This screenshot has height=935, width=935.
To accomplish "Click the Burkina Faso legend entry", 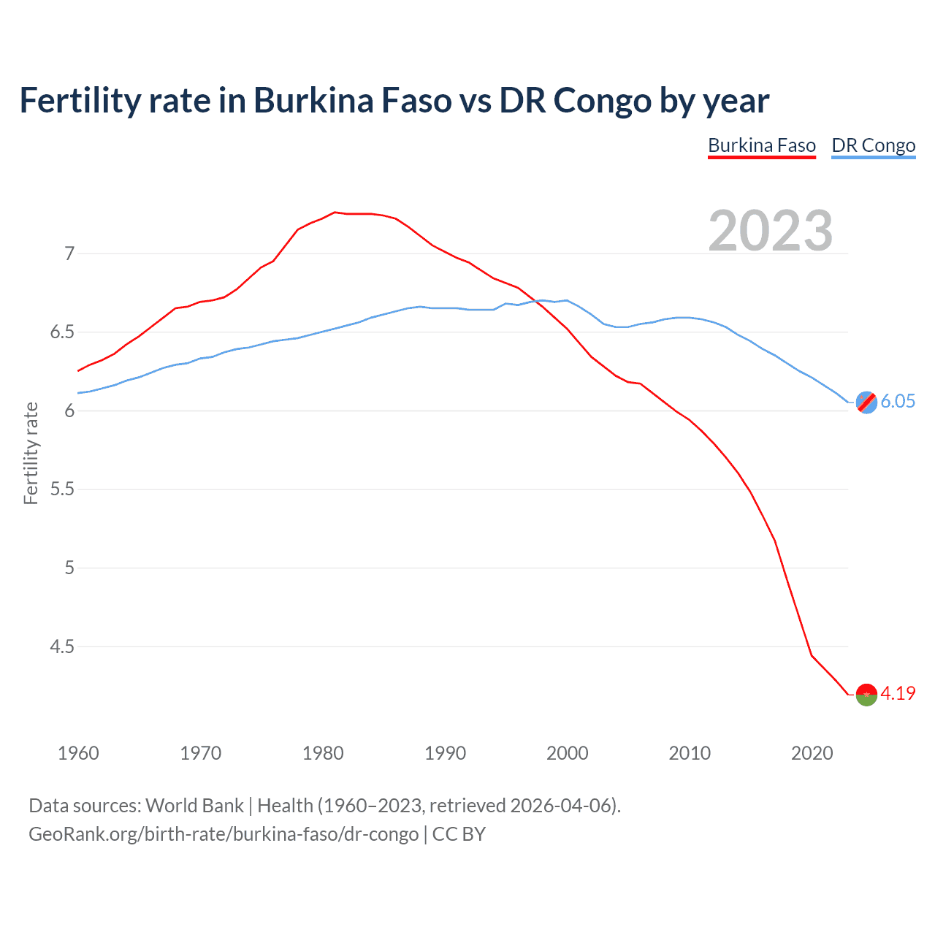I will (x=761, y=145).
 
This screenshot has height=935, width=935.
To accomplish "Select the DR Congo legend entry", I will (x=873, y=145).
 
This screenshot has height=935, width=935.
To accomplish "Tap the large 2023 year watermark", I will (x=770, y=231).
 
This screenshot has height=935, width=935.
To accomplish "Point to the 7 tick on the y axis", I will (x=69, y=253).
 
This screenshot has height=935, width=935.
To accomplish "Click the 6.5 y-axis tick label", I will (x=62, y=332).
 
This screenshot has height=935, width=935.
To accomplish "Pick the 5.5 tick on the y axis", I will (x=62, y=489).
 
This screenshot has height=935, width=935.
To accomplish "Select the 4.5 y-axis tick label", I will (x=62, y=646).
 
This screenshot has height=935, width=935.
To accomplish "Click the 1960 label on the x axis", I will (x=78, y=753).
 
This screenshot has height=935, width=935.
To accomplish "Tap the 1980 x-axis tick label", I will (x=323, y=753).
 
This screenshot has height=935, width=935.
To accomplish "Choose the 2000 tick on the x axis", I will (x=567, y=753).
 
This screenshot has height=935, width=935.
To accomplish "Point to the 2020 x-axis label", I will (x=812, y=753).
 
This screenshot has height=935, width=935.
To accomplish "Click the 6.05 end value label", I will (x=898, y=401).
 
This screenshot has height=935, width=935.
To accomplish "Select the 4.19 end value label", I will (x=898, y=693).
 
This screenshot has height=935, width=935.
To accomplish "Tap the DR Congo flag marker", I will (x=866, y=402).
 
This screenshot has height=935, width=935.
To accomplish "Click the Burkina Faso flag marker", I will (x=866, y=695).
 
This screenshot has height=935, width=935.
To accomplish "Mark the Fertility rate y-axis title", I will (x=31, y=453).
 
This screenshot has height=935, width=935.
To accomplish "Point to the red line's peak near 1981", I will (x=335, y=212).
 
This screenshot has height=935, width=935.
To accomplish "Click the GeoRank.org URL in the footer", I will (x=224, y=833).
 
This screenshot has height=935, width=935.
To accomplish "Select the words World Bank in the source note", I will (x=194, y=805).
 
